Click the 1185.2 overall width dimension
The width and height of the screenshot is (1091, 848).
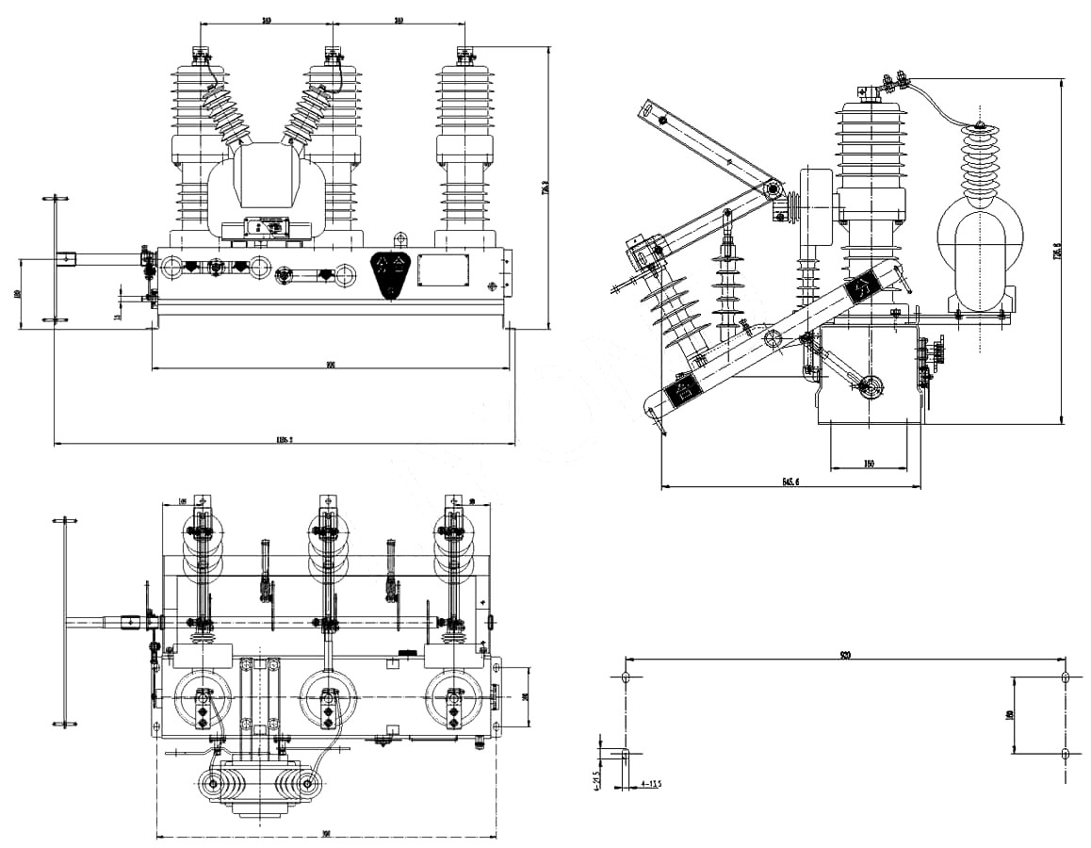point(285,438)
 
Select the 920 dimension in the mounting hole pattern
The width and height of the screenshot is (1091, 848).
point(845,655)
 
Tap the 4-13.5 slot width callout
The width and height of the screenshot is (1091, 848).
point(651,783)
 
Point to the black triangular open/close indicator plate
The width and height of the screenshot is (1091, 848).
point(392,274)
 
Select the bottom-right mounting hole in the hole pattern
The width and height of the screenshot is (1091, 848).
point(1065,753)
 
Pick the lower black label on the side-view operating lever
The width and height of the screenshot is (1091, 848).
point(682,388)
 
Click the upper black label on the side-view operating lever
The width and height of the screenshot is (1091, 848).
point(861,289)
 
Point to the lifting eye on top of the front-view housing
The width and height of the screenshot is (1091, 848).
point(399,238)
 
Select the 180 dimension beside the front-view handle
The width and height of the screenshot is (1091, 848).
point(19,294)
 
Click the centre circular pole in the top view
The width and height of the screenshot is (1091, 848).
point(328,698)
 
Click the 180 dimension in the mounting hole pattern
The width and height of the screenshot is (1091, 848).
point(1009,715)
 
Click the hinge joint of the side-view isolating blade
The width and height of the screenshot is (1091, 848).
point(773,189)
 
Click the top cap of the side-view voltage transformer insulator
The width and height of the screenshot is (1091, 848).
point(982,128)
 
